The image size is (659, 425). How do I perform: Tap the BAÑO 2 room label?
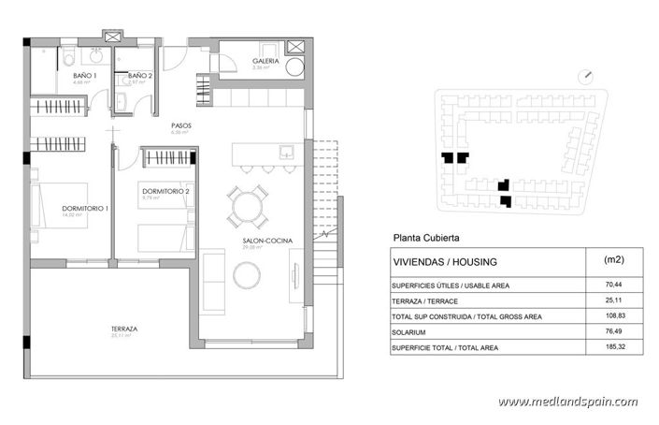140,75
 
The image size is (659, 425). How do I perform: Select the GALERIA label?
266,63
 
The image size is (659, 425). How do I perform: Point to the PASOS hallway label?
181,125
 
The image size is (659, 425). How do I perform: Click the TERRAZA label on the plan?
124,329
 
